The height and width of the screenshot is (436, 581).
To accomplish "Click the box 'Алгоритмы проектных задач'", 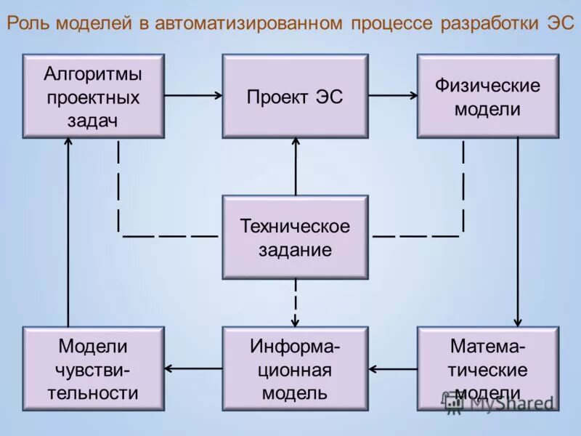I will (x=94, y=96).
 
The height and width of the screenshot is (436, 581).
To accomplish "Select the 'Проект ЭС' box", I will (x=295, y=96).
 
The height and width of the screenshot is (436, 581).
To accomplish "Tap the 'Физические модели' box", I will (x=487, y=96).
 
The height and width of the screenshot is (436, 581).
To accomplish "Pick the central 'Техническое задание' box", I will (x=295, y=237).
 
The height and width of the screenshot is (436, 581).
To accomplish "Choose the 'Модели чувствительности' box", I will (x=94, y=369).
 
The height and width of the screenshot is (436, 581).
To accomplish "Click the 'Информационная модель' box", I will (x=295, y=369).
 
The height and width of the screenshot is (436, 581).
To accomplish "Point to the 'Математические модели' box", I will (x=487, y=369).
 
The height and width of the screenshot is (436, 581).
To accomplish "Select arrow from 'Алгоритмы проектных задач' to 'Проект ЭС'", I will (x=193, y=94).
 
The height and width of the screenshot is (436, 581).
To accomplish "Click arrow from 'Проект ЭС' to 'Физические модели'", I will (x=392, y=94).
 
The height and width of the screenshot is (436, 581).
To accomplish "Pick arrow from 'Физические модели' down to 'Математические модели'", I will (x=518, y=233).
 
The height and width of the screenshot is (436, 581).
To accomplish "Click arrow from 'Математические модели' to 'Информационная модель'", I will (x=392, y=368).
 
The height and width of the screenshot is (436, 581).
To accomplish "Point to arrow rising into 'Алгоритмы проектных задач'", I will (x=68, y=233).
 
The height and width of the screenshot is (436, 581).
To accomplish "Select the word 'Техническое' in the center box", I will (x=295, y=226).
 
